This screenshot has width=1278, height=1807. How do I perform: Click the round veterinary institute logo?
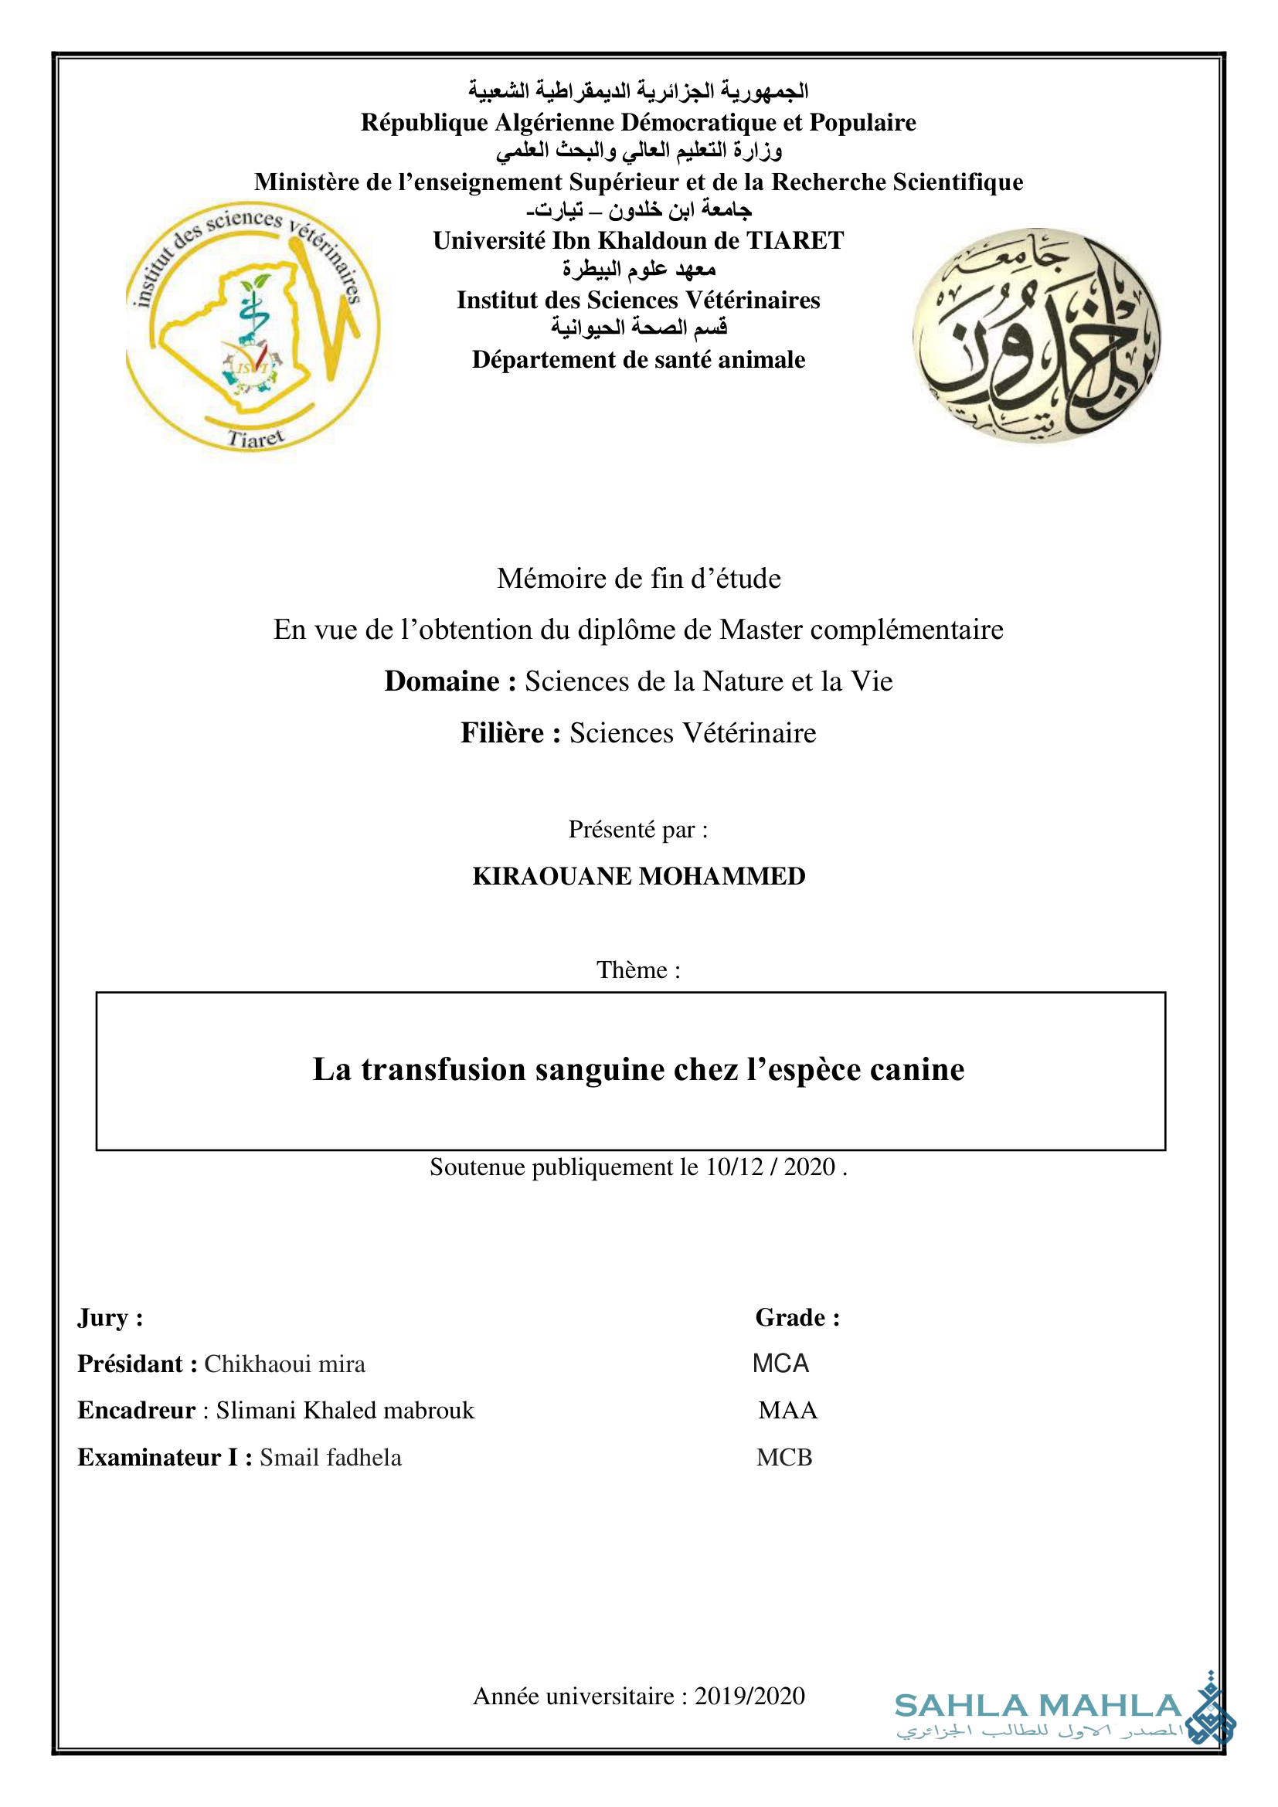coord(253,326)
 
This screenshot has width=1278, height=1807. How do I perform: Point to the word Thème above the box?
coord(631,970)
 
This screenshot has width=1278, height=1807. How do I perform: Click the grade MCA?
coord(780,1363)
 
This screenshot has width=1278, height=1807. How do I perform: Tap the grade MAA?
coord(787,1411)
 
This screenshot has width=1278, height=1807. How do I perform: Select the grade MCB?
coord(783,1458)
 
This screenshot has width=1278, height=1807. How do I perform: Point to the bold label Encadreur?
coord(136,1411)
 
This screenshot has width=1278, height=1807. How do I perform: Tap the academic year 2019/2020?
coord(749,1695)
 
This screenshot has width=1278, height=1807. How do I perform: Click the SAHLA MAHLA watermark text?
coord(1038,1707)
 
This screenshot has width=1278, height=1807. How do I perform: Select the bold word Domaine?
coord(441,681)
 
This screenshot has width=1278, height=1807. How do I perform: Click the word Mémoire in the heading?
coord(547,579)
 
